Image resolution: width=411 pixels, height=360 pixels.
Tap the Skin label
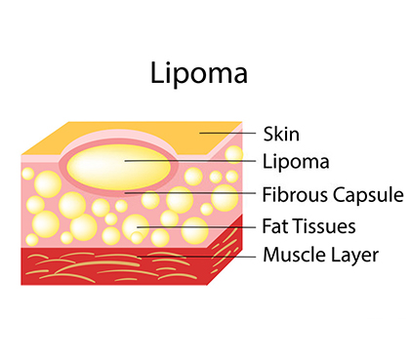(281, 133)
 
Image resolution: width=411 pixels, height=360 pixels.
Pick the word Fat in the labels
(277, 226)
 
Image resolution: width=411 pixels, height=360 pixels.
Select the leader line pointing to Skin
(230, 133)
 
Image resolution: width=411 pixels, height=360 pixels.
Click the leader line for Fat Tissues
(195, 226)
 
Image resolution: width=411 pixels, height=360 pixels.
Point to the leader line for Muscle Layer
(195, 257)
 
